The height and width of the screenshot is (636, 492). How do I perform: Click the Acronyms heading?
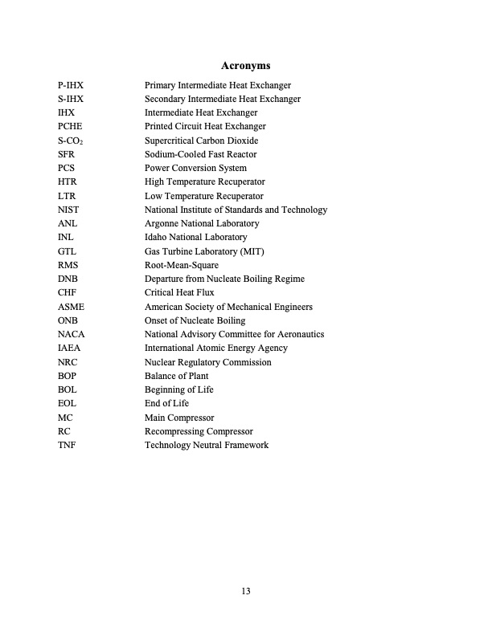245,65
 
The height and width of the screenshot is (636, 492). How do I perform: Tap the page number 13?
246,591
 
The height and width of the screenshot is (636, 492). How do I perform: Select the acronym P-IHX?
71,85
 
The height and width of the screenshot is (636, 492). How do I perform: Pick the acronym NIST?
68,210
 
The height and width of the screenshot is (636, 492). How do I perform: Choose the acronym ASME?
71,307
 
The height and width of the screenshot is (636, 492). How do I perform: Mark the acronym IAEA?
70,349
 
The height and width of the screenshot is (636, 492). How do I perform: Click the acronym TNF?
68,445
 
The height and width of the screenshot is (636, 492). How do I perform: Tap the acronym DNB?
68,279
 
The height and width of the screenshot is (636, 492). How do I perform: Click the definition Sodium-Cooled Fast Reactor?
200,154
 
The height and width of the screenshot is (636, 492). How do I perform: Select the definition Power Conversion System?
195,168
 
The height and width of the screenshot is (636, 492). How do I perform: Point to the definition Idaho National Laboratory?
195,237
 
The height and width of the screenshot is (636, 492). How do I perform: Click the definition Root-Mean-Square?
181,265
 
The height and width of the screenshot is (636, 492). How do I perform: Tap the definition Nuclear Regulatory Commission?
207,362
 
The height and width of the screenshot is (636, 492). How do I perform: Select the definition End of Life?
166,403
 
